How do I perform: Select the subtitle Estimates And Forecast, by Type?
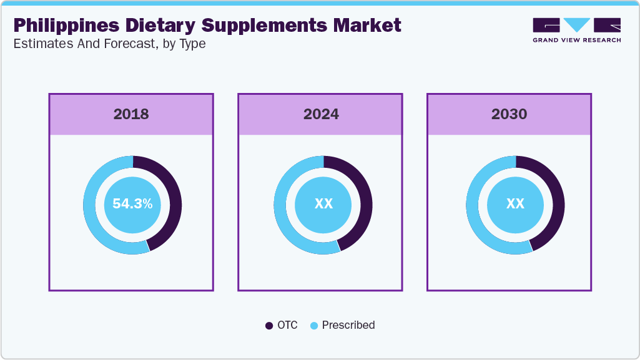coord(109,44)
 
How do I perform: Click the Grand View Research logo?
coord(576,30)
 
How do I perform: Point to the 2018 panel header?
coord(131,114)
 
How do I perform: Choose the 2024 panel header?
coord(321,114)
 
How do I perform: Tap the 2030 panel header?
coord(509,114)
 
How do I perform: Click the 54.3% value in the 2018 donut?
coord(132,204)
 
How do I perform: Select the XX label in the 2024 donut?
coord(323,204)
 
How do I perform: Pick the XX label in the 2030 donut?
coord(515,204)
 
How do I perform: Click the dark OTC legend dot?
coord(269,326)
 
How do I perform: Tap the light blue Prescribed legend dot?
coord(314,326)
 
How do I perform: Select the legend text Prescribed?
coord(348,325)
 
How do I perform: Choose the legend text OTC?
coord(288,325)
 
